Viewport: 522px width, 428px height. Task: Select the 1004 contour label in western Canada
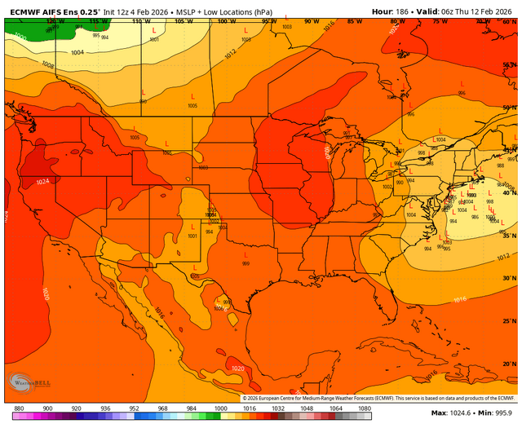[x=77, y=52]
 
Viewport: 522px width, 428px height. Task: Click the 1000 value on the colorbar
[x=220, y=408]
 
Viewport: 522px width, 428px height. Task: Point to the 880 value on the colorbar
[x=19, y=408]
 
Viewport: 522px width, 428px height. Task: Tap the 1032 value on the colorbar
[x=277, y=408]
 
